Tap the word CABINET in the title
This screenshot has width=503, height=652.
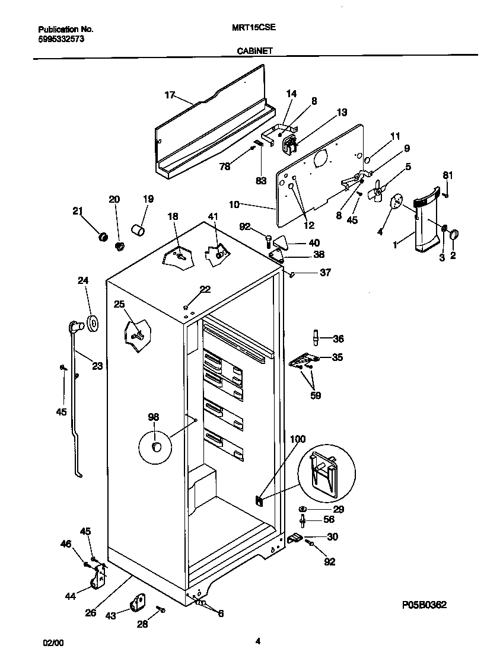tap(255, 51)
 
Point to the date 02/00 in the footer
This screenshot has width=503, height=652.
tap(52, 642)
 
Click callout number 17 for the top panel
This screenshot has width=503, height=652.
tap(170, 95)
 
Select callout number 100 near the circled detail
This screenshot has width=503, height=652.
tap(297, 439)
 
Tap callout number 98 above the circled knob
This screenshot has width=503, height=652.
tap(154, 418)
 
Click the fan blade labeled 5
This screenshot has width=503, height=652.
tap(375, 193)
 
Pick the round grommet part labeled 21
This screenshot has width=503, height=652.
tap(103, 237)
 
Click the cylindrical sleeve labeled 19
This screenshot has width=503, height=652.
tap(139, 229)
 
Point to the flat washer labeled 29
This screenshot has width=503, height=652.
tap(303, 509)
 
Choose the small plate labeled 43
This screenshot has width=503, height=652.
tap(139, 603)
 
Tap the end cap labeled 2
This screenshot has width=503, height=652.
tap(454, 235)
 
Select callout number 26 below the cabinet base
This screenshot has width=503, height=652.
tap(90, 613)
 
